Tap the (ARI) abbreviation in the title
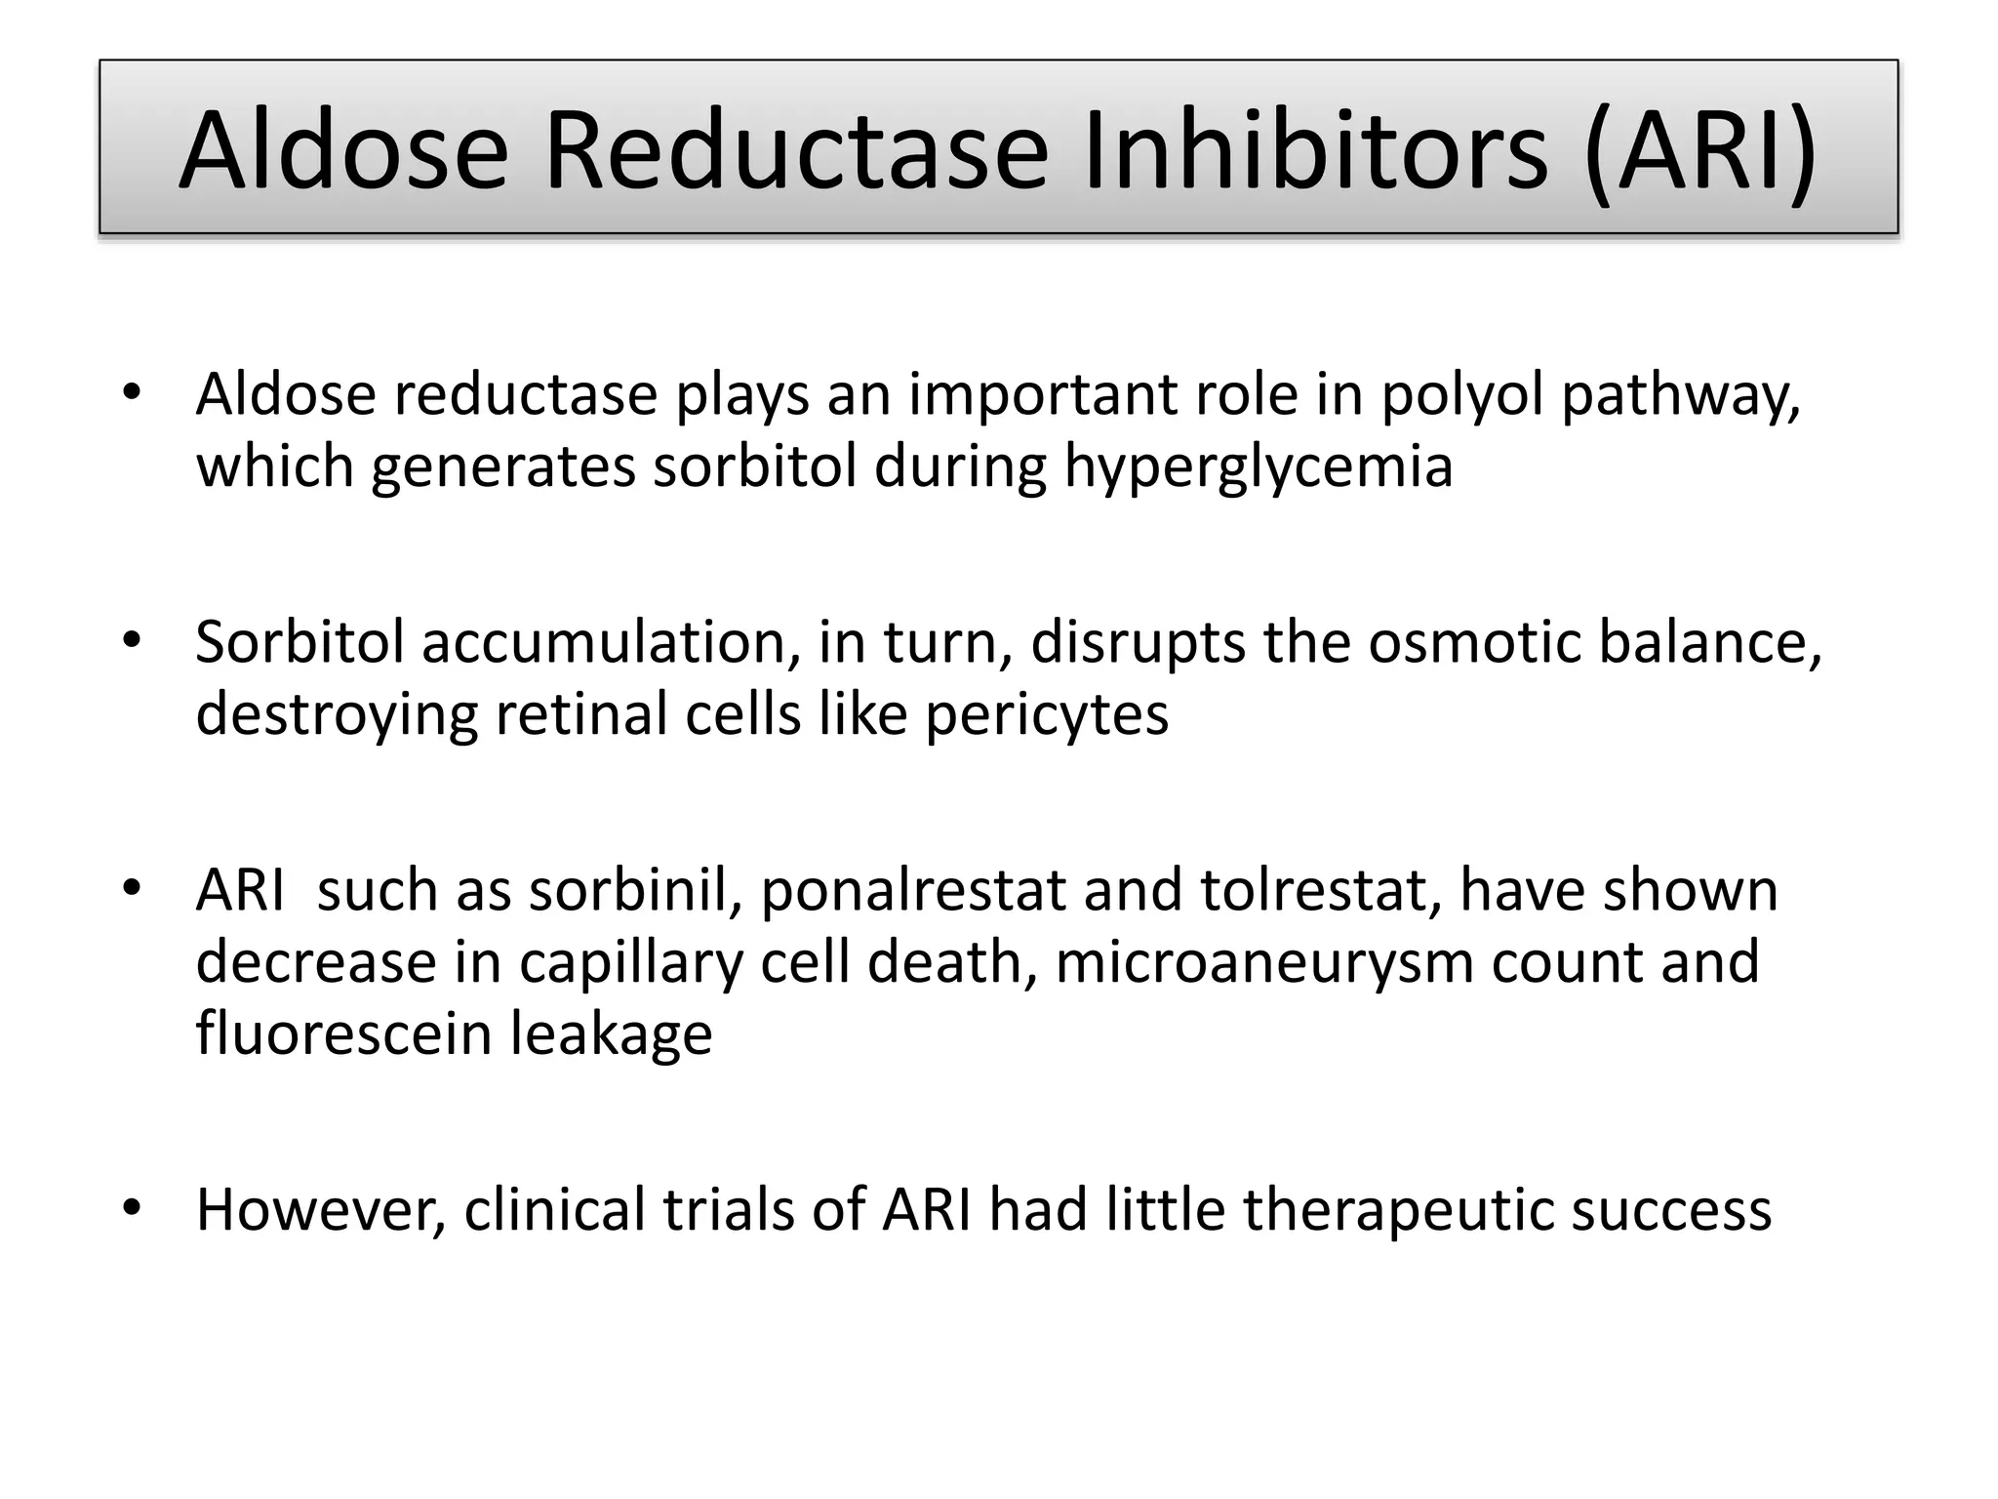click(x=1700, y=151)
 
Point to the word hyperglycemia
click(x=1258, y=467)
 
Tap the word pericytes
click(x=1046, y=715)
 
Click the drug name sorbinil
click(x=634, y=891)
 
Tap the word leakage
click(x=612, y=1034)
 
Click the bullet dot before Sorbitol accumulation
click(x=132, y=641)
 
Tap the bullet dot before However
click(x=132, y=1209)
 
